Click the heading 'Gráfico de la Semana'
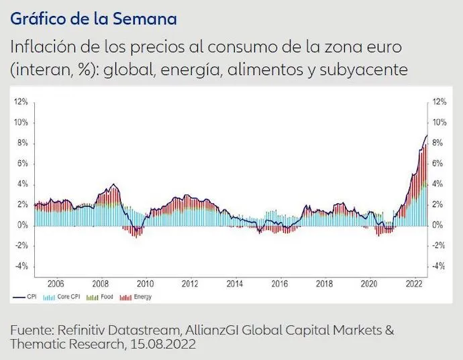(x=93, y=18)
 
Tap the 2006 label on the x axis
(x=56, y=284)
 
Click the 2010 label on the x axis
(x=145, y=284)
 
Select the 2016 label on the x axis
(x=279, y=284)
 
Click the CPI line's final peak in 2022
(x=426, y=135)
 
